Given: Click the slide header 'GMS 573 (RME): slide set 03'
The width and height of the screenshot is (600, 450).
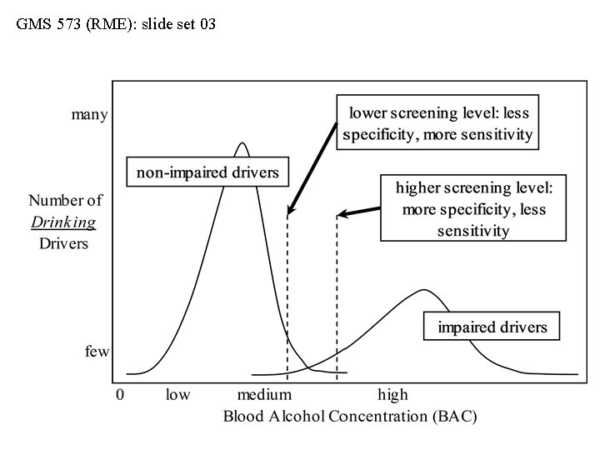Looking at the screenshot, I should pos(116,24).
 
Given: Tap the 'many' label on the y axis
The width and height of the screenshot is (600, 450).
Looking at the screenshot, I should pos(89,115).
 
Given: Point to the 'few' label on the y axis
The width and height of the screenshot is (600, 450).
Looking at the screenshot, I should pos(97,352).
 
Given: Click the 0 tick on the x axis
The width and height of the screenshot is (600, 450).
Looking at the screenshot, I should pos(120,394).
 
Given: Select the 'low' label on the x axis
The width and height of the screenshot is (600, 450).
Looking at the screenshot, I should pos(177,394).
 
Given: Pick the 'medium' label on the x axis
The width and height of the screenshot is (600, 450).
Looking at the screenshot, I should pos(264,394).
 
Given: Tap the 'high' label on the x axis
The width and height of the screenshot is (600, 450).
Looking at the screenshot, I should pos(392,394).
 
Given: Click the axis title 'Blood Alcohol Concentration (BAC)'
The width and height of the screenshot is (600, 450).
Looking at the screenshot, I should pos(350,416).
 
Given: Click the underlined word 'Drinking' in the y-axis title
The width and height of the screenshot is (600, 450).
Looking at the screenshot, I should pos(63,222).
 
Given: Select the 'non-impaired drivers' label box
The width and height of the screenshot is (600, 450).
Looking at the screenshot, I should pos(207,172).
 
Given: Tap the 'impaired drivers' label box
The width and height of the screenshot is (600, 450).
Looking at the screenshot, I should pos(492,326).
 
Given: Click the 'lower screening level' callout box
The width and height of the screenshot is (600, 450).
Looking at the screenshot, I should pos(438,122).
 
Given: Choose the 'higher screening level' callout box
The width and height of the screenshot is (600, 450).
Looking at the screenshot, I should pos(472,208).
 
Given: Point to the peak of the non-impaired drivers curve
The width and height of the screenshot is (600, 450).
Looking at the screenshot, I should pos(242,143).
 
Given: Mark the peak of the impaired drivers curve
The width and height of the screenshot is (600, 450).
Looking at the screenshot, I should pos(425,291).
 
